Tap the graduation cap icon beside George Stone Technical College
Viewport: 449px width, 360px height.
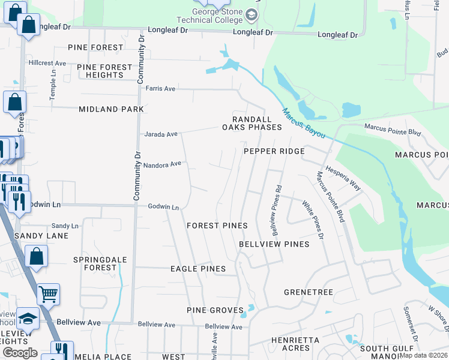[251, 14]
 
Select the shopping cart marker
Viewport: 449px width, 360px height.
[49, 294]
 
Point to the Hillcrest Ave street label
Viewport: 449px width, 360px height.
[47, 63]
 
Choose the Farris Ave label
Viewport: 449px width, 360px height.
[160, 89]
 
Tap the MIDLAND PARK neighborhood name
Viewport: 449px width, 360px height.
[112, 109]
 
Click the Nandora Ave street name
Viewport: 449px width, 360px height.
[162, 164]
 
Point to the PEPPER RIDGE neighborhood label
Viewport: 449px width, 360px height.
[274, 152]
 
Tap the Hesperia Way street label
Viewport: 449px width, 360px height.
[343, 178]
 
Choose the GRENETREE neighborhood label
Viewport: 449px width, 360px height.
[308, 292]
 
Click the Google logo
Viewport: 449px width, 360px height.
[20, 352]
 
